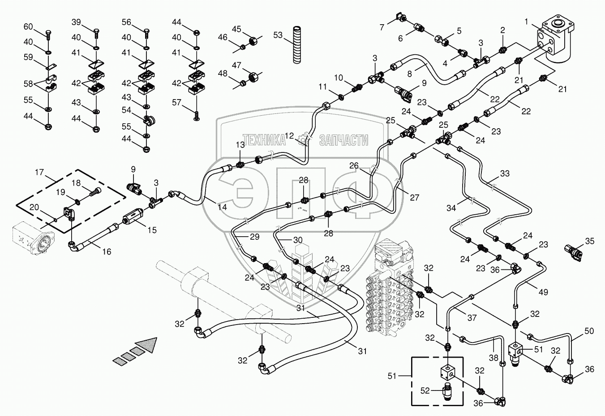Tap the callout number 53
click(278, 35)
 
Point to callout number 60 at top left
click(28, 27)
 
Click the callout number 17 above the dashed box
click(39, 172)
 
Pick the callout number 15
click(152, 230)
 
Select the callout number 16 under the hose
click(106, 251)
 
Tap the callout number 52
click(425, 390)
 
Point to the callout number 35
click(590, 241)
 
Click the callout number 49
click(543, 292)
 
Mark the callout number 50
click(589, 331)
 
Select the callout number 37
click(472, 318)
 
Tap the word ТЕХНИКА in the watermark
click(264, 140)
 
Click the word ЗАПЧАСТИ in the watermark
click(343, 140)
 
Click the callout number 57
click(177, 103)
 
